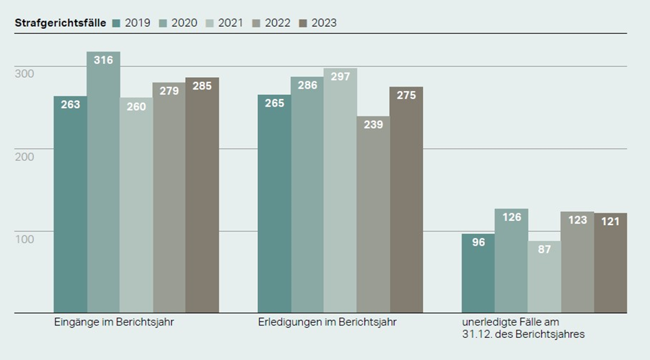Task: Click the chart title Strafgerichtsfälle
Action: pos(61,23)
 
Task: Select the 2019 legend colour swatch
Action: pos(116,23)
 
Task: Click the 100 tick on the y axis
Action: pos(25,239)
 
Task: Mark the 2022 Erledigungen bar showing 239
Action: pos(373,214)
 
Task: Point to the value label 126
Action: pos(512,218)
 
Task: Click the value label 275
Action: pos(407,96)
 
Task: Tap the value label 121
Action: pos(611,222)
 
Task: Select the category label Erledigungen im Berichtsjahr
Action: pos(327,322)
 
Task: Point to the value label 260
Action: pos(136,107)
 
